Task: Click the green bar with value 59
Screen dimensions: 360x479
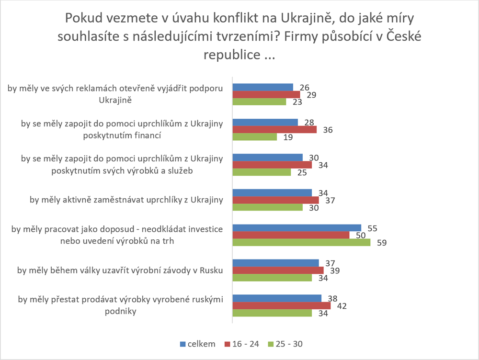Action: (301, 243)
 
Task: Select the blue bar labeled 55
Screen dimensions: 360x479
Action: (297, 228)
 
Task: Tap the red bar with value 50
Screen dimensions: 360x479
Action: (291, 235)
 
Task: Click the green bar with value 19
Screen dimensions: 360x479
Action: (254, 137)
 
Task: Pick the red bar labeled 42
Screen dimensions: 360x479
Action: (281, 305)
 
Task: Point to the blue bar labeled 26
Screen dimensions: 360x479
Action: (262, 87)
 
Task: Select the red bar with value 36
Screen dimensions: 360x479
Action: (274, 130)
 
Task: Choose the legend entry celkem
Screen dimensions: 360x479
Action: (197, 344)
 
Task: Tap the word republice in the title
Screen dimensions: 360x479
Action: (231, 54)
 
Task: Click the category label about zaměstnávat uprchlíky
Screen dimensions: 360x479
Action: (126, 200)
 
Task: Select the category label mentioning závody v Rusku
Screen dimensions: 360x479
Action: (120, 270)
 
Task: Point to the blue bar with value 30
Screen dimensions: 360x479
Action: (267, 157)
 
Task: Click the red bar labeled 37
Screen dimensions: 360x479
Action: (275, 200)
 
